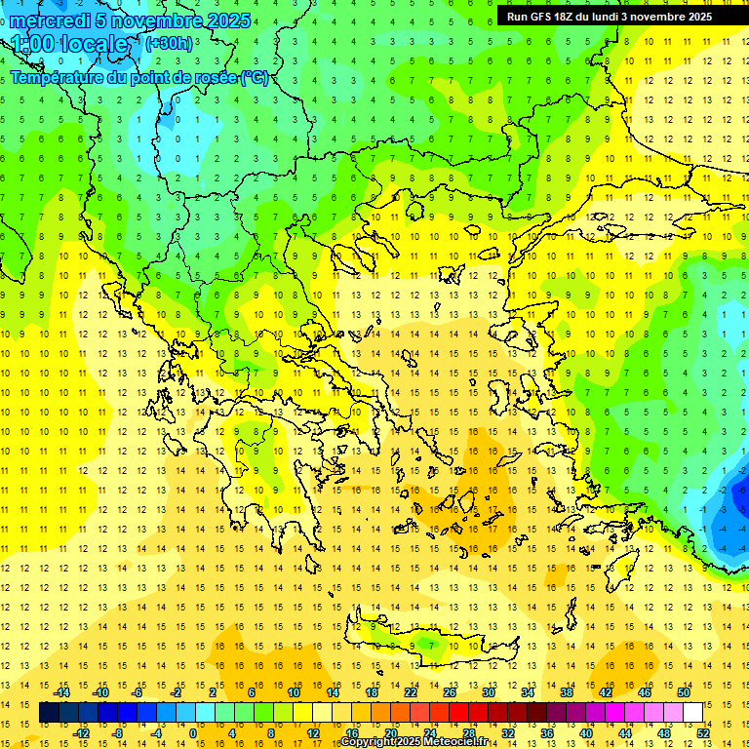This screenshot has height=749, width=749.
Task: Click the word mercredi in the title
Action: (50, 20)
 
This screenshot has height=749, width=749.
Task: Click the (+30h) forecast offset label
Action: (169, 43)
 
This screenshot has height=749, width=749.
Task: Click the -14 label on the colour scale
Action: (63, 692)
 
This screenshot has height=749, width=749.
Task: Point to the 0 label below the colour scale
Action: (193, 732)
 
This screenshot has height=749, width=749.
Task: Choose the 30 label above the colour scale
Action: (488, 692)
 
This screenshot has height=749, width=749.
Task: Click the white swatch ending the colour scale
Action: (693, 712)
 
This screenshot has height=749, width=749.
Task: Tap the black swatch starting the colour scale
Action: (49, 712)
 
